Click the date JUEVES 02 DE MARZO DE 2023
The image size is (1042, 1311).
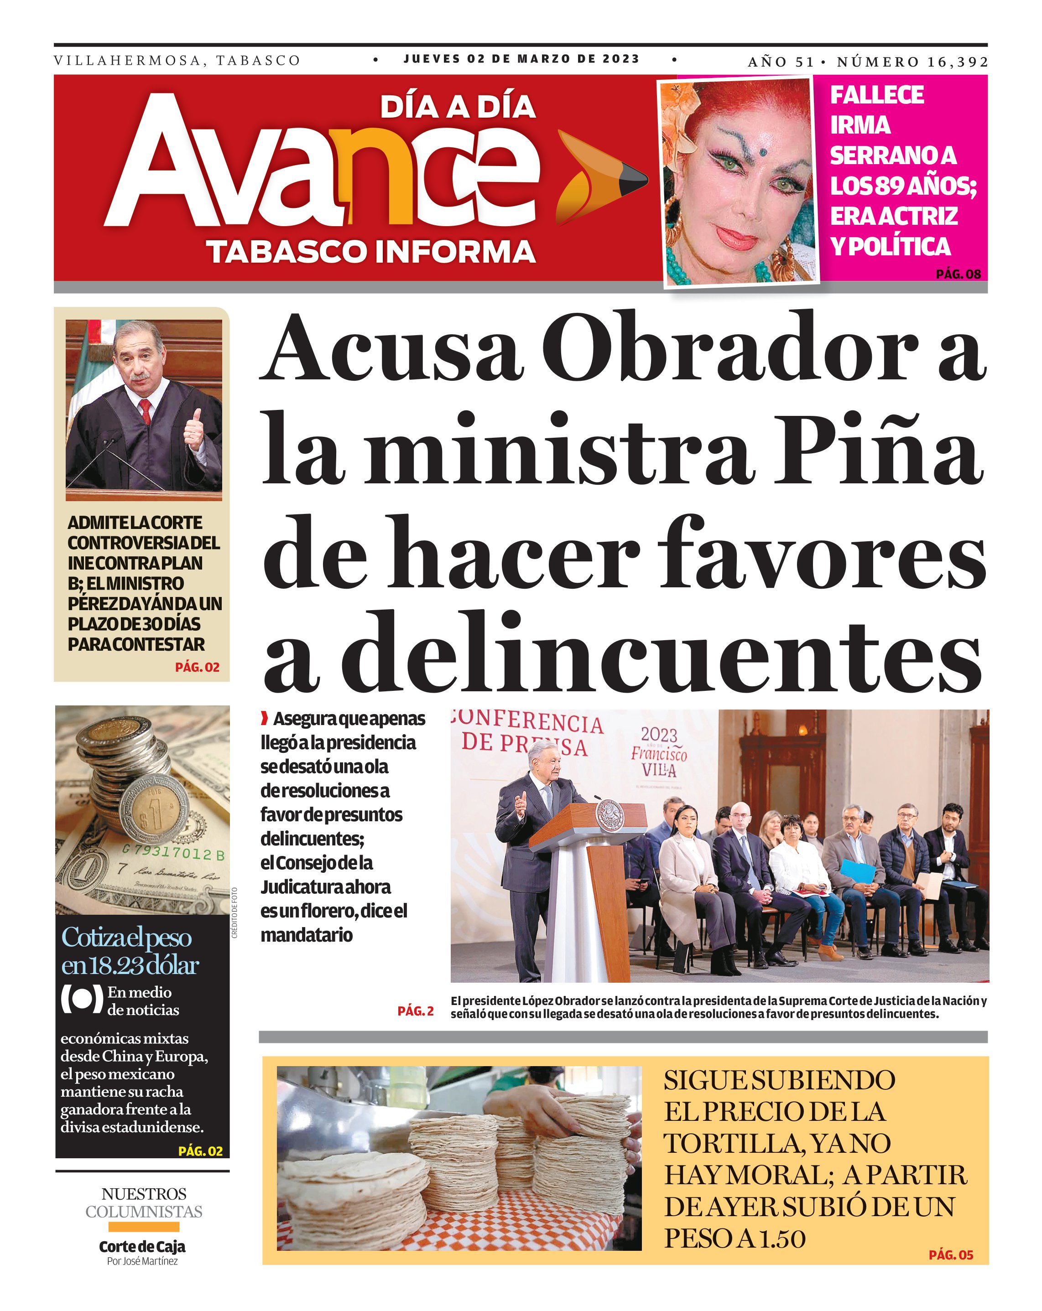(521, 59)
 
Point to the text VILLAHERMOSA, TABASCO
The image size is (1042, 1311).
(177, 61)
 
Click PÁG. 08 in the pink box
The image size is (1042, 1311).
(958, 274)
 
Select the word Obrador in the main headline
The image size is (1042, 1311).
(729, 348)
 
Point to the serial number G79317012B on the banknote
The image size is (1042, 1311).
(173, 853)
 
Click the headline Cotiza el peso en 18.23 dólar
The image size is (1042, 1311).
(130, 951)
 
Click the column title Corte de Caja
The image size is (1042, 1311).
(142, 1247)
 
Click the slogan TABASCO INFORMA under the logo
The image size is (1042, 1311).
(371, 252)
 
